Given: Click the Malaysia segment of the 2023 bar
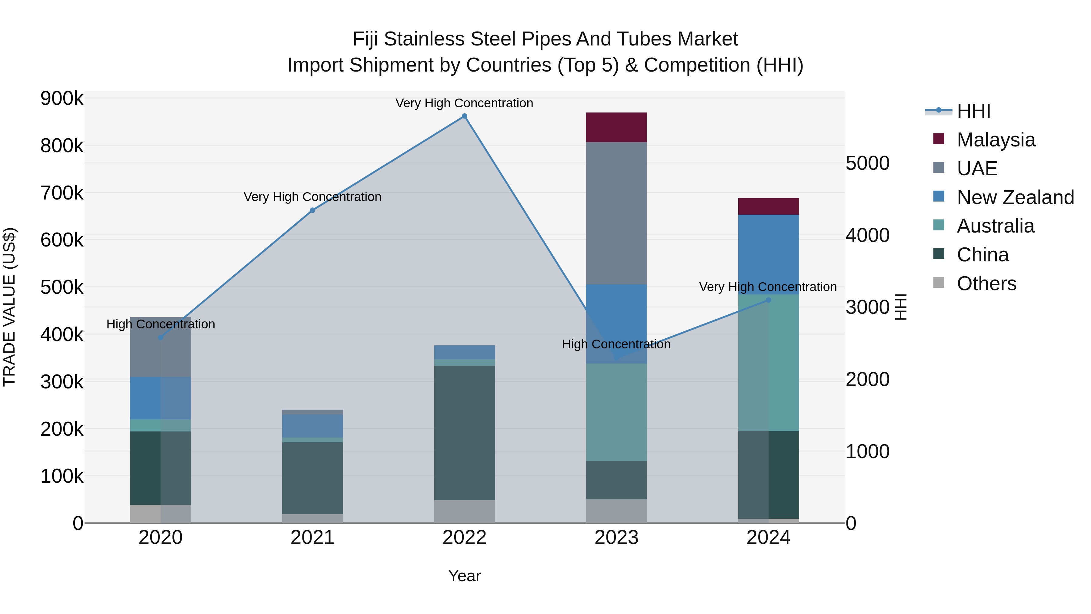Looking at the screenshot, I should pyautogui.click(x=616, y=127).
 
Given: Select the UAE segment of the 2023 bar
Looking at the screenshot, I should pyautogui.click(x=616, y=213).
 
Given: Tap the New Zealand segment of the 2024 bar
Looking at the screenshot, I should pyautogui.click(x=768, y=254).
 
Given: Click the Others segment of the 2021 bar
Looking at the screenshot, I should pyautogui.click(x=312, y=518).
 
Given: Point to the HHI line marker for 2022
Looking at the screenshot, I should pyautogui.click(x=464, y=116).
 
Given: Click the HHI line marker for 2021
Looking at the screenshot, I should pyautogui.click(x=312, y=210).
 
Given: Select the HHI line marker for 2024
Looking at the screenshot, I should pyautogui.click(x=768, y=300).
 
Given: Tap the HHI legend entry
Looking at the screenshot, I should pyautogui.click(x=973, y=111).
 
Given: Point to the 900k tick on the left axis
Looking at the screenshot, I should pyautogui.click(x=62, y=99).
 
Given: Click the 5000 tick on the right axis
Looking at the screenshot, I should pyautogui.click(x=867, y=163).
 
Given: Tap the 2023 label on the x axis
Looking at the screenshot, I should pyautogui.click(x=616, y=538).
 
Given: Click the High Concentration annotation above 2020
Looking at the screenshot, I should pyautogui.click(x=161, y=324).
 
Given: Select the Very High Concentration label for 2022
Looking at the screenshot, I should pyautogui.click(x=464, y=103).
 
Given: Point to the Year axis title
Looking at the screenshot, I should pyautogui.click(x=464, y=576).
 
